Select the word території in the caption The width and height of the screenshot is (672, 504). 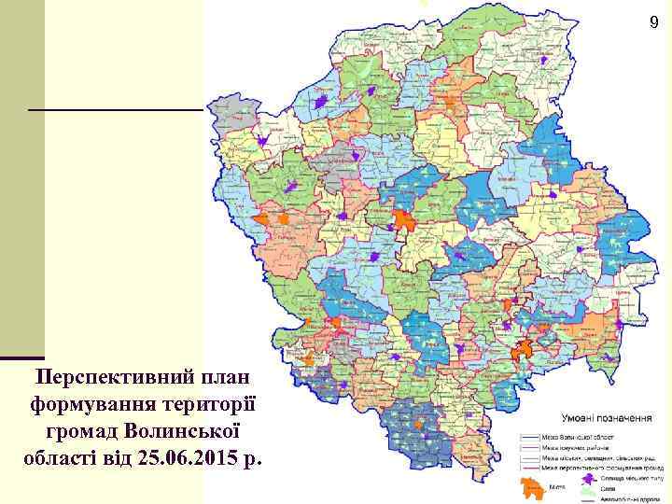(213, 406)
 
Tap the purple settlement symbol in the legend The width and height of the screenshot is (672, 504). (589, 478)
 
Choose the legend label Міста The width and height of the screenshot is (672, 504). (558, 487)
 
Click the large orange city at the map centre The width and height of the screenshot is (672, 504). (404, 220)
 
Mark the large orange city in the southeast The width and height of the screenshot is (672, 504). (522, 350)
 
